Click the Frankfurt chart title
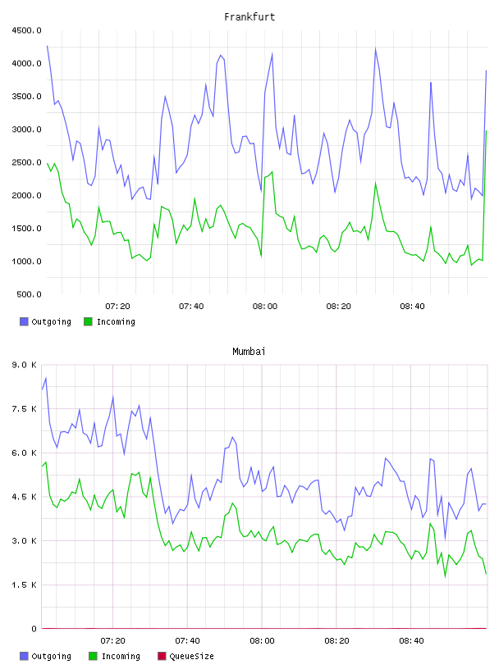tap(249, 17)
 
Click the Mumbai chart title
tap(249, 352)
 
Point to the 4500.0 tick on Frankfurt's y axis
tap(26, 30)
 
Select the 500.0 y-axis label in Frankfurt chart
tap(29, 294)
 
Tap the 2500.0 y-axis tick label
tap(26, 162)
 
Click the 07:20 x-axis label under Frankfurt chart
tap(117, 307)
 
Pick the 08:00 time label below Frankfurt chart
tap(265, 307)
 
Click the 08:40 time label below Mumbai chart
tap(411, 641)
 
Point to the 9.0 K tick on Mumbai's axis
tap(25, 365)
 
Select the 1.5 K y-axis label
tap(25, 585)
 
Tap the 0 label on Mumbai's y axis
tap(34, 629)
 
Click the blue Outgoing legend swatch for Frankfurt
tap(24, 321)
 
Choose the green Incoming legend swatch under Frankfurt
tap(88, 321)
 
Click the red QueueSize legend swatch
tap(162, 656)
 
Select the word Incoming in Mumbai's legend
tap(121, 657)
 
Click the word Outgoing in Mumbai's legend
tap(51, 657)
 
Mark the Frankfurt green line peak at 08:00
tap(272, 172)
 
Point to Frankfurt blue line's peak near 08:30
tap(376, 48)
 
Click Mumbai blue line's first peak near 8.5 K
tap(46, 378)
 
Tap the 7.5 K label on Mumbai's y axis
tap(25, 409)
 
